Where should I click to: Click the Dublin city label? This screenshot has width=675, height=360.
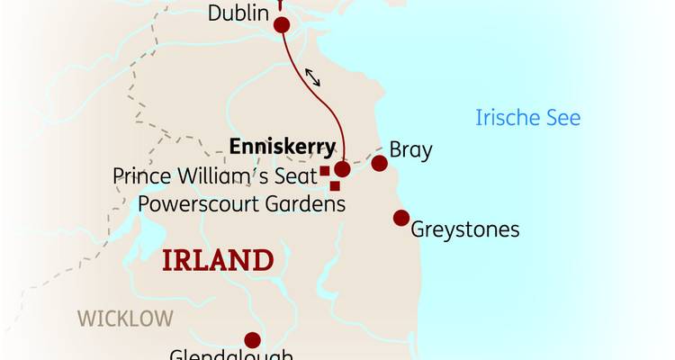238,13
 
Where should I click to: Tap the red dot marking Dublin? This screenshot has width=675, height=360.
281,25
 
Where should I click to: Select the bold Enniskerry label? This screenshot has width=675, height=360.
282,147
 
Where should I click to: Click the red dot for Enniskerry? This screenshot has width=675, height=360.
342,168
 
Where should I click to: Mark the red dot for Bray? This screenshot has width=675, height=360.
380,163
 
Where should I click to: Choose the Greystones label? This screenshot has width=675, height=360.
464,229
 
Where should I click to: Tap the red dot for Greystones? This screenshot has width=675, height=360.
401,217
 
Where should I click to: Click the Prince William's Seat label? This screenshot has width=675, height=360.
214,174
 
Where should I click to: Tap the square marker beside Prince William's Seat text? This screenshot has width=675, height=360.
324,171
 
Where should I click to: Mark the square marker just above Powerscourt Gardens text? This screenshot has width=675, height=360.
335,186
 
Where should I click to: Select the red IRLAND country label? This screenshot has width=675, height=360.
217,261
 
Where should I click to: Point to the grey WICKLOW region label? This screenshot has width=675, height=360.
124,318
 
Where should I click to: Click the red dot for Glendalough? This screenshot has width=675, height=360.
252,340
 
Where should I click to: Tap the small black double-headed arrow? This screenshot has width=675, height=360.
312,77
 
